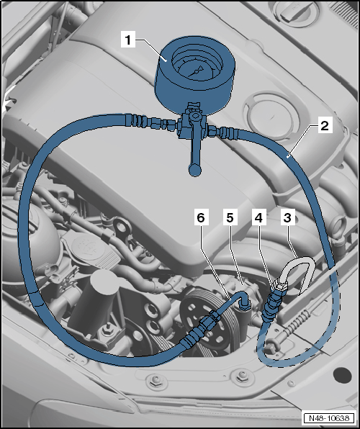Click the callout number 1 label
[x=128, y=40]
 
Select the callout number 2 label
[x=325, y=126]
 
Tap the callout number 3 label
[x=287, y=218]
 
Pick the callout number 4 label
[x=258, y=218]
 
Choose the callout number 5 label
[x=230, y=218]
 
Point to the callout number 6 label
[x=201, y=218]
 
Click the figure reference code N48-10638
[x=329, y=417]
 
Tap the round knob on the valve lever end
[x=195, y=170]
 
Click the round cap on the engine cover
[x=270, y=117]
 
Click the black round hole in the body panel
[x=342, y=376]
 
